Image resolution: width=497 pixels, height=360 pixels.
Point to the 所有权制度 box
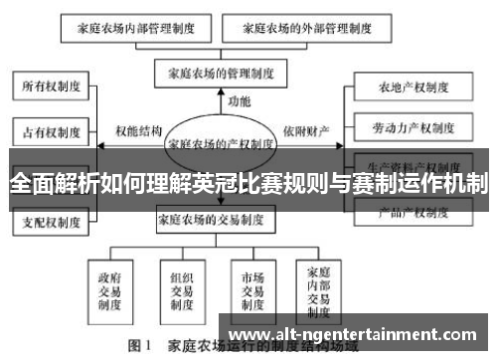tap(52, 87)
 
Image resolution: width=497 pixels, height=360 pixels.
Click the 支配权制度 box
tap(52, 222)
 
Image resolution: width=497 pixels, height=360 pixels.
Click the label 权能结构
tap(138, 130)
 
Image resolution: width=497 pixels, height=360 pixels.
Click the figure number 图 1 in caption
tap(137, 348)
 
